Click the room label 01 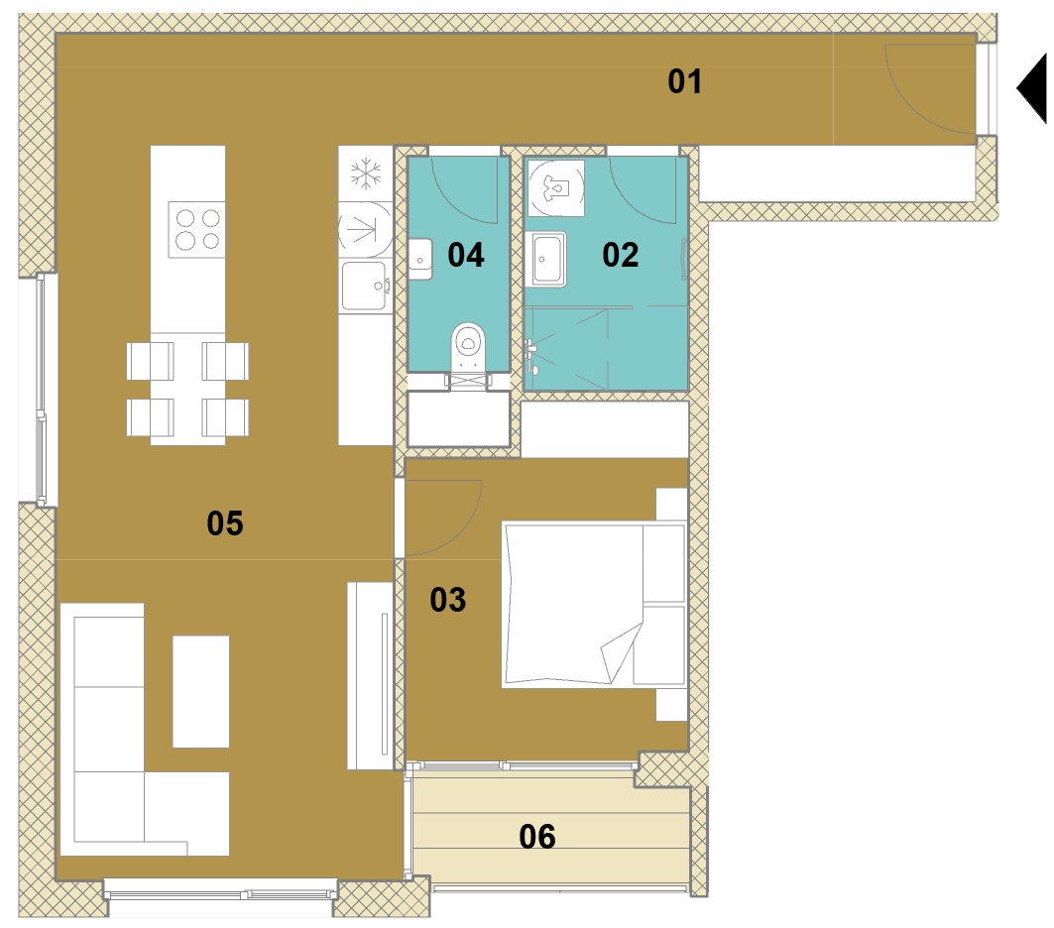click(685, 81)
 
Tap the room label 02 click(620, 256)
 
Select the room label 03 click(448, 600)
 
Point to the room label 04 click(466, 256)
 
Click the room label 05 click(224, 523)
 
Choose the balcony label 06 click(537, 838)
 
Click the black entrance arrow click(1032, 88)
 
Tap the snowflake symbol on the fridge click(366, 174)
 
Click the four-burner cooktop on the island click(197, 229)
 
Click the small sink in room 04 click(420, 260)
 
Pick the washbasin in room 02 click(548, 259)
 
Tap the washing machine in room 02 click(555, 187)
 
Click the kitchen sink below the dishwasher click(365, 287)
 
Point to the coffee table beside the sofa click(201, 691)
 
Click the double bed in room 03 click(594, 606)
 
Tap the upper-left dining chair click(150, 362)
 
